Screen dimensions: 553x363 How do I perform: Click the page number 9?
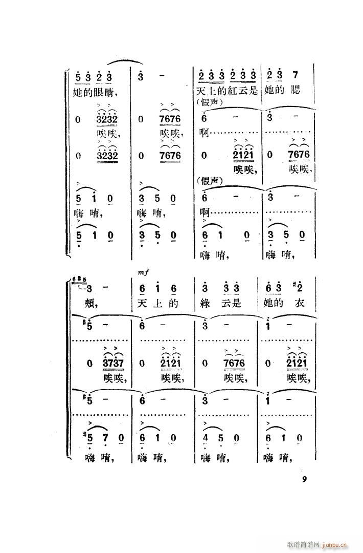[304, 479]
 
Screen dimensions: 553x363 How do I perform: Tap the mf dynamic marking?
[143, 274]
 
